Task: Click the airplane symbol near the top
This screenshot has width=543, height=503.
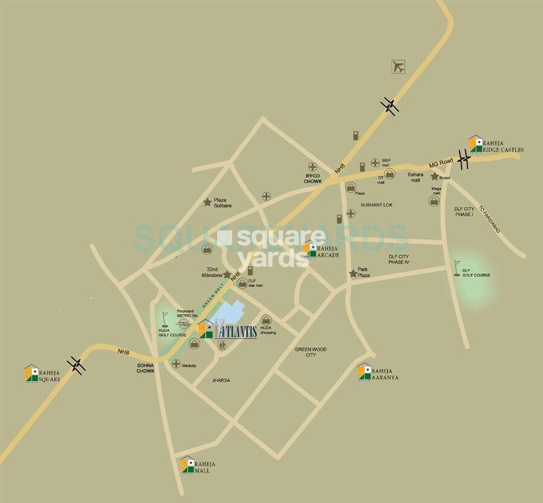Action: [x=398, y=66]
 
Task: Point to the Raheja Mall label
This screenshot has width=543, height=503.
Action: [x=202, y=467]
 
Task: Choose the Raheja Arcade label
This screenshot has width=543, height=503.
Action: [x=328, y=251]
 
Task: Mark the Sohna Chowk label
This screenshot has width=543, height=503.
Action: [x=145, y=368]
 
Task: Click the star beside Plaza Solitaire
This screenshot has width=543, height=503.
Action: [x=208, y=202]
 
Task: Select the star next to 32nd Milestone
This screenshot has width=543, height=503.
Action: [x=227, y=274]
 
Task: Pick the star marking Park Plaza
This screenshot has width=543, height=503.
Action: [x=353, y=274]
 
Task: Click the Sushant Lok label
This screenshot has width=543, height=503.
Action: [x=376, y=205]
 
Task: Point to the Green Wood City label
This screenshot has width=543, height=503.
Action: [x=310, y=352]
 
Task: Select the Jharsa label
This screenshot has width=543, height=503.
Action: [x=221, y=380]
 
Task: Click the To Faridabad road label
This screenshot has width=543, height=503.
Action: [x=489, y=219]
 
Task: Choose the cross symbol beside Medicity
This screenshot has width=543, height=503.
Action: [x=176, y=364]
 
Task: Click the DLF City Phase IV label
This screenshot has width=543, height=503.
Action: [x=399, y=259]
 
